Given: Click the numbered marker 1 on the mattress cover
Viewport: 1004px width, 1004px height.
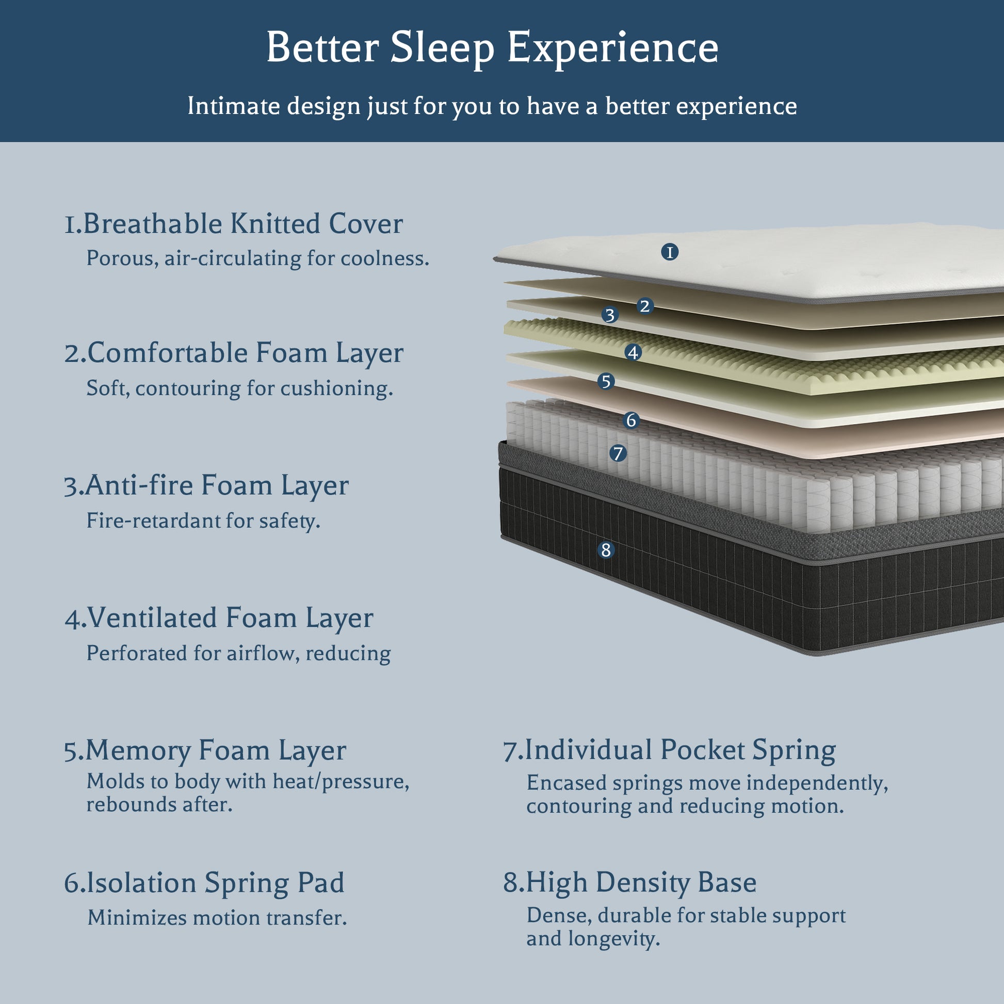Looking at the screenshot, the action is (x=670, y=252).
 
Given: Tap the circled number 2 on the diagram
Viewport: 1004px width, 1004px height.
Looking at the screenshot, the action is (x=645, y=305).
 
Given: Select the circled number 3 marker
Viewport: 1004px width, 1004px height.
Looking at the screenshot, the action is (x=610, y=315).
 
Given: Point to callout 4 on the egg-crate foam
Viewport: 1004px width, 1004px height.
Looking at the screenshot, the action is (x=633, y=352).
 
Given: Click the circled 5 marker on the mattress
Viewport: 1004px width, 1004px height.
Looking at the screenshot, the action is (x=606, y=381).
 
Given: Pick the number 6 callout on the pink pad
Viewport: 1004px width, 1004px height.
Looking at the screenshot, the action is (x=631, y=420).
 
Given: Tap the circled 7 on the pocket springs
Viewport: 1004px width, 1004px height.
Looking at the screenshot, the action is (x=618, y=454).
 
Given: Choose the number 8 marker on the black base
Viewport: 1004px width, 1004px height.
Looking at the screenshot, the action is (x=606, y=550).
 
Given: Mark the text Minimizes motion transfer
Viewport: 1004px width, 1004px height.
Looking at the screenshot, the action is (x=217, y=918).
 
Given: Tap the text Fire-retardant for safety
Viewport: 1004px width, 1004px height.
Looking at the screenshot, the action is (x=203, y=521).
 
